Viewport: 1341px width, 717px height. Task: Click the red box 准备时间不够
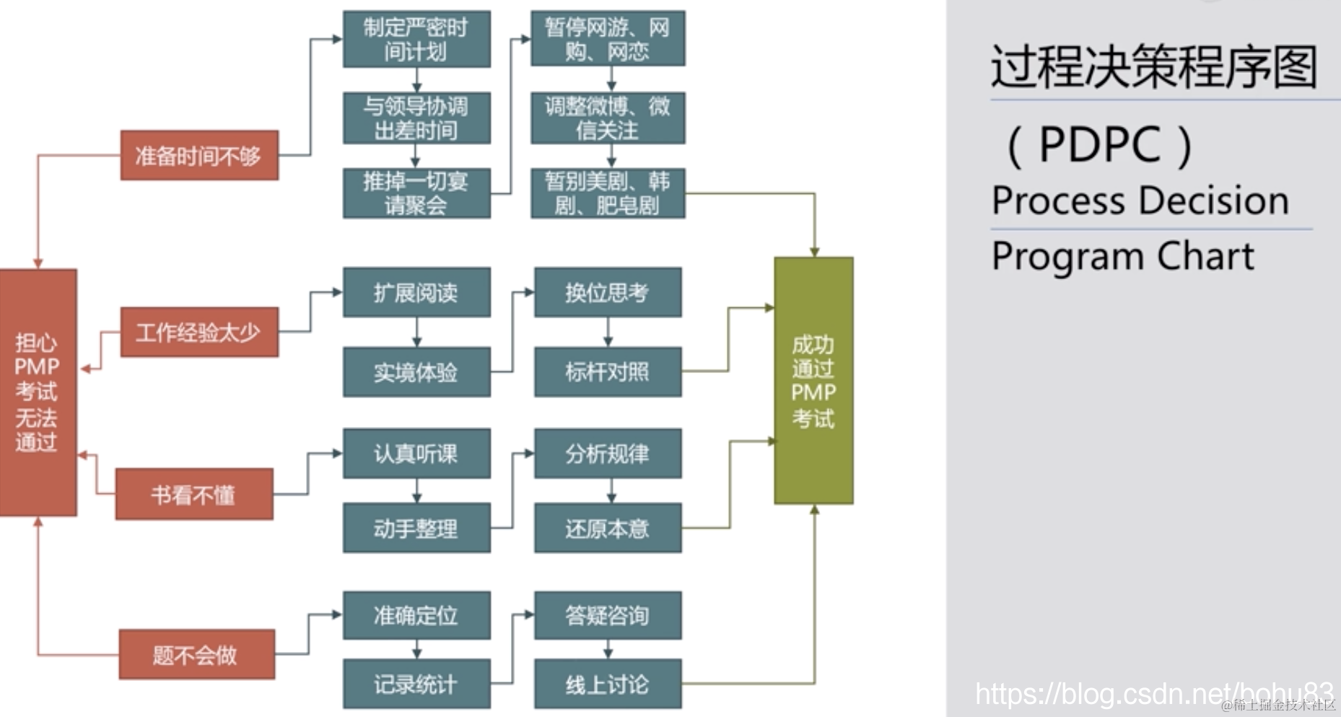coord(199,155)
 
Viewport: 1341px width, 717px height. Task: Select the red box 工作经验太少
coord(199,332)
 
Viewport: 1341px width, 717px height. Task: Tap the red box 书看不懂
coord(194,494)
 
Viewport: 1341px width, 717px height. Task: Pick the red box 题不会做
coord(196,654)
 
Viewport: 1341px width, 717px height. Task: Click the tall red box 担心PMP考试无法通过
coord(38,392)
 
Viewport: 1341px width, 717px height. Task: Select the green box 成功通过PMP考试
coord(813,380)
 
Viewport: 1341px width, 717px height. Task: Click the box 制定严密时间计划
coord(416,40)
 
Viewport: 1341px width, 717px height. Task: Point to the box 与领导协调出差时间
coord(416,118)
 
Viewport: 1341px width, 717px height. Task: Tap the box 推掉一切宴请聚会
coord(416,193)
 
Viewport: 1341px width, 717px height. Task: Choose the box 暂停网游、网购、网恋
coord(608,40)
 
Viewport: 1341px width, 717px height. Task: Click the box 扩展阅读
coord(416,292)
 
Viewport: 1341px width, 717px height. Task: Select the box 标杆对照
coord(608,372)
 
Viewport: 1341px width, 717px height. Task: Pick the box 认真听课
coord(416,453)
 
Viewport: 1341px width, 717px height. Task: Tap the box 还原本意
coord(608,529)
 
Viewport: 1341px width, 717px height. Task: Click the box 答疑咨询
coord(608,615)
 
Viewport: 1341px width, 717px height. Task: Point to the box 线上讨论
coord(608,684)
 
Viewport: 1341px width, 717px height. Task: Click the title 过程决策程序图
coord(1153,66)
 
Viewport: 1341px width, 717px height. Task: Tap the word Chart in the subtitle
coord(1206,256)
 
